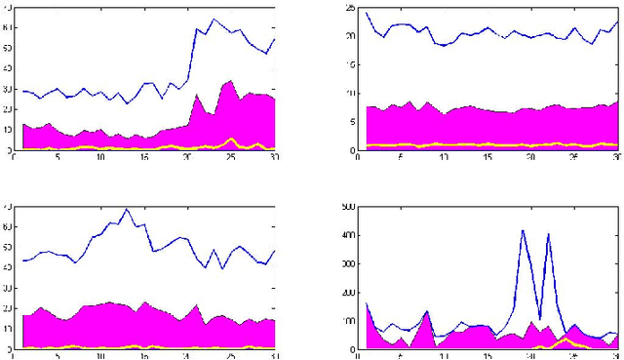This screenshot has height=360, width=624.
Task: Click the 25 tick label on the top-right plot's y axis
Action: [350, 8]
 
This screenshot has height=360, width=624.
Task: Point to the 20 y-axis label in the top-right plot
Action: [350, 36]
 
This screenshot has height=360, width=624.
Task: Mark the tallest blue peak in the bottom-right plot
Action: [523, 230]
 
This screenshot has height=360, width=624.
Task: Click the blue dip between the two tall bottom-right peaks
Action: [539, 318]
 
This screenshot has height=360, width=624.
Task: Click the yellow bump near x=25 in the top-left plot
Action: [230, 140]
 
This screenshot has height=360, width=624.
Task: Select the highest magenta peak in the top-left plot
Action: [230, 81]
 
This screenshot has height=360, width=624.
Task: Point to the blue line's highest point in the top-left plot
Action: [214, 19]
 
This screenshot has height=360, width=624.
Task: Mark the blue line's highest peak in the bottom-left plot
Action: [126, 209]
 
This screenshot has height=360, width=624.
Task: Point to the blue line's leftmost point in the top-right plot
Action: [367, 13]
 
